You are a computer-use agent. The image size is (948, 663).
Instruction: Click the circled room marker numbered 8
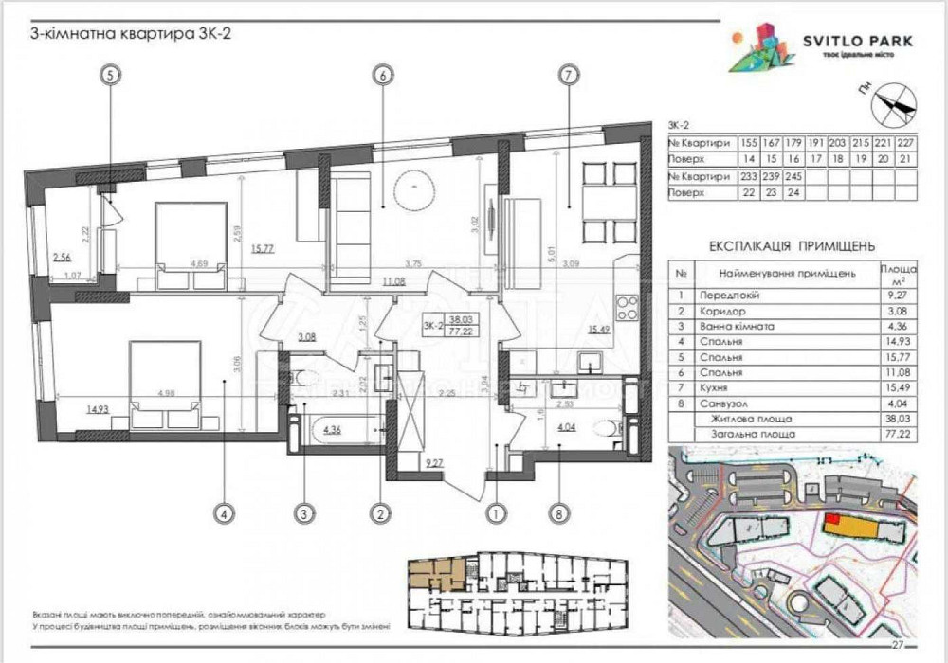point(561,514)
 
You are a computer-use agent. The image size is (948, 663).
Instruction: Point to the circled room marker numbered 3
point(302,514)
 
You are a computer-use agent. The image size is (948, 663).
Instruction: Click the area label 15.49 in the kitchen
point(598,329)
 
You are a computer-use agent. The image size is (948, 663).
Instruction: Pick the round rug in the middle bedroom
point(413,188)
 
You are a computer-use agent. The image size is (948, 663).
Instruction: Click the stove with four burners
point(628,308)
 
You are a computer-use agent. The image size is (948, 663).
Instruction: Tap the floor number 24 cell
point(796,192)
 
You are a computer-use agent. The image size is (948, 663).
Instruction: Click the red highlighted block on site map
point(831,519)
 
